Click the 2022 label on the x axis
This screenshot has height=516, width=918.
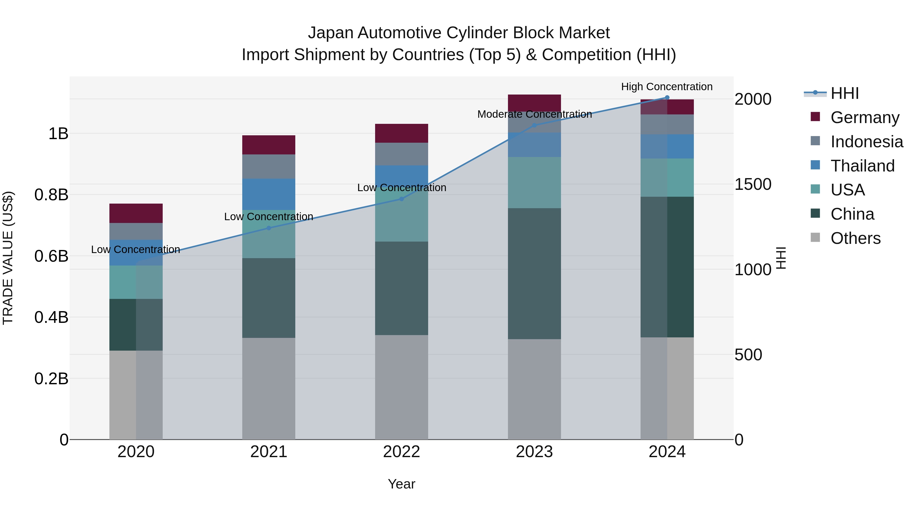(x=401, y=452)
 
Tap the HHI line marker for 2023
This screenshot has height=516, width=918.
(x=534, y=125)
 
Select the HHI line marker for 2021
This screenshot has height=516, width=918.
(x=269, y=228)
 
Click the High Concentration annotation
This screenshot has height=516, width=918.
(x=667, y=87)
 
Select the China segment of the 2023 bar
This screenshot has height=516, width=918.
(x=534, y=273)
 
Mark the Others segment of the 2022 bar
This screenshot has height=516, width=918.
(x=401, y=387)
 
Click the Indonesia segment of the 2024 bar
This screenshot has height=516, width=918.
(x=667, y=124)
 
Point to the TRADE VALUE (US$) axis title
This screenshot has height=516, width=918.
(x=8, y=258)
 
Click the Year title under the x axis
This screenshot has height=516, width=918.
(x=401, y=484)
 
